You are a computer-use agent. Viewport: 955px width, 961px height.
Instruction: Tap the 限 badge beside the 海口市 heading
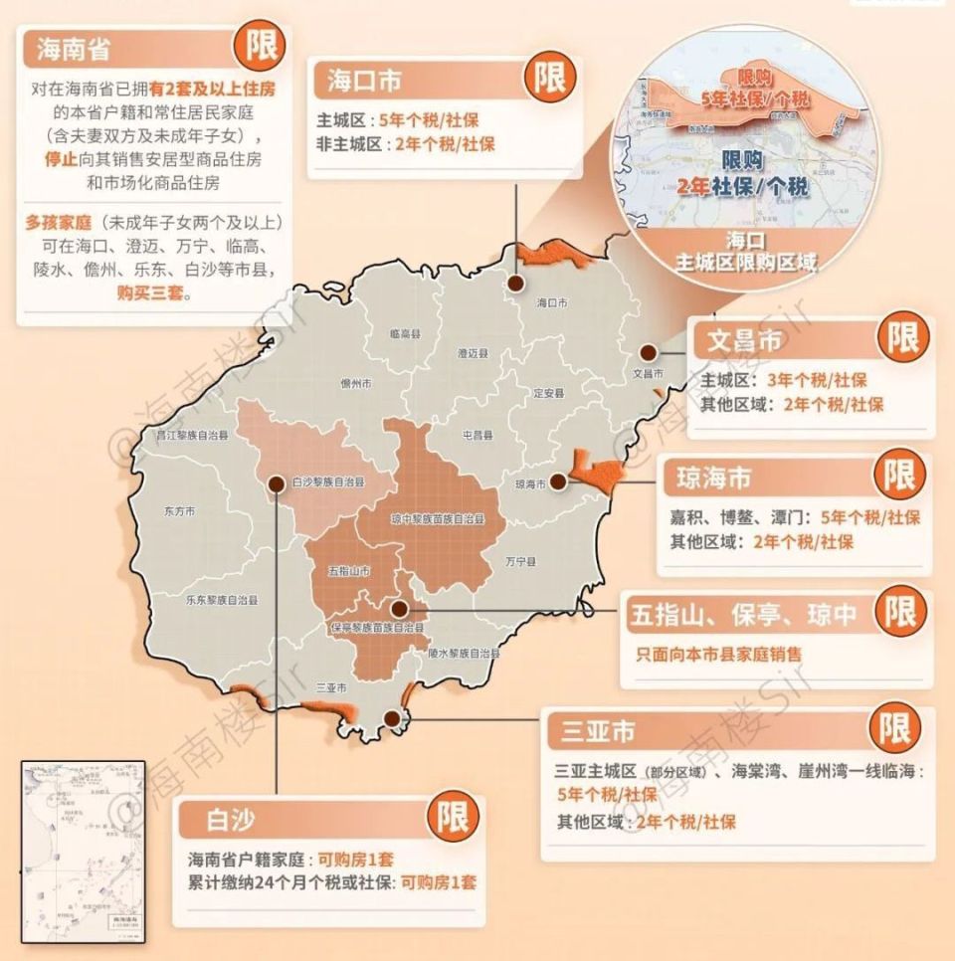[549, 78]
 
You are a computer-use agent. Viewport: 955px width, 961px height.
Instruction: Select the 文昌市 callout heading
[743, 340]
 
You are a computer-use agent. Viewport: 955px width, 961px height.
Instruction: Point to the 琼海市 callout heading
[713, 478]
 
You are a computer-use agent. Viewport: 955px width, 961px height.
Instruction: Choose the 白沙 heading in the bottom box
[232, 820]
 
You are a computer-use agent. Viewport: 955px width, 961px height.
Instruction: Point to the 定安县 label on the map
[547, 392]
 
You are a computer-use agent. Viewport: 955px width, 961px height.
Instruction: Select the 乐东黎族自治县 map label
[221, 600]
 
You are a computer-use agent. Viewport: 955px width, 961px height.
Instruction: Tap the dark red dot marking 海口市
[516, 283]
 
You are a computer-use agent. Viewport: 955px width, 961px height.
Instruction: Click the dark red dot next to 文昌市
[648, 352]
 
